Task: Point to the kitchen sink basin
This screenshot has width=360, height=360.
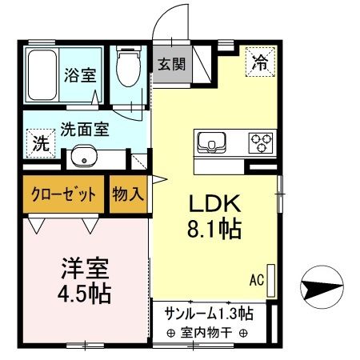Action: (213, 142)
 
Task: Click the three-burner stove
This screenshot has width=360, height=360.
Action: (261, 142)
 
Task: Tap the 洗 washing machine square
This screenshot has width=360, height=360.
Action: (38, 145)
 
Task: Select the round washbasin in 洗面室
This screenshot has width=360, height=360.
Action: (82, 155)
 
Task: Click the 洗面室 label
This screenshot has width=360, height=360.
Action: (85, 128)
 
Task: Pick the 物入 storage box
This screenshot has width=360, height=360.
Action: (128, 194)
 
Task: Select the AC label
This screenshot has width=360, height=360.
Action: (257, 280)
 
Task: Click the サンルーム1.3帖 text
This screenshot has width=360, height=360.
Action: (209, 312)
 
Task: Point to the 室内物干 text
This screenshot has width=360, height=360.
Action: (207, 333)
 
